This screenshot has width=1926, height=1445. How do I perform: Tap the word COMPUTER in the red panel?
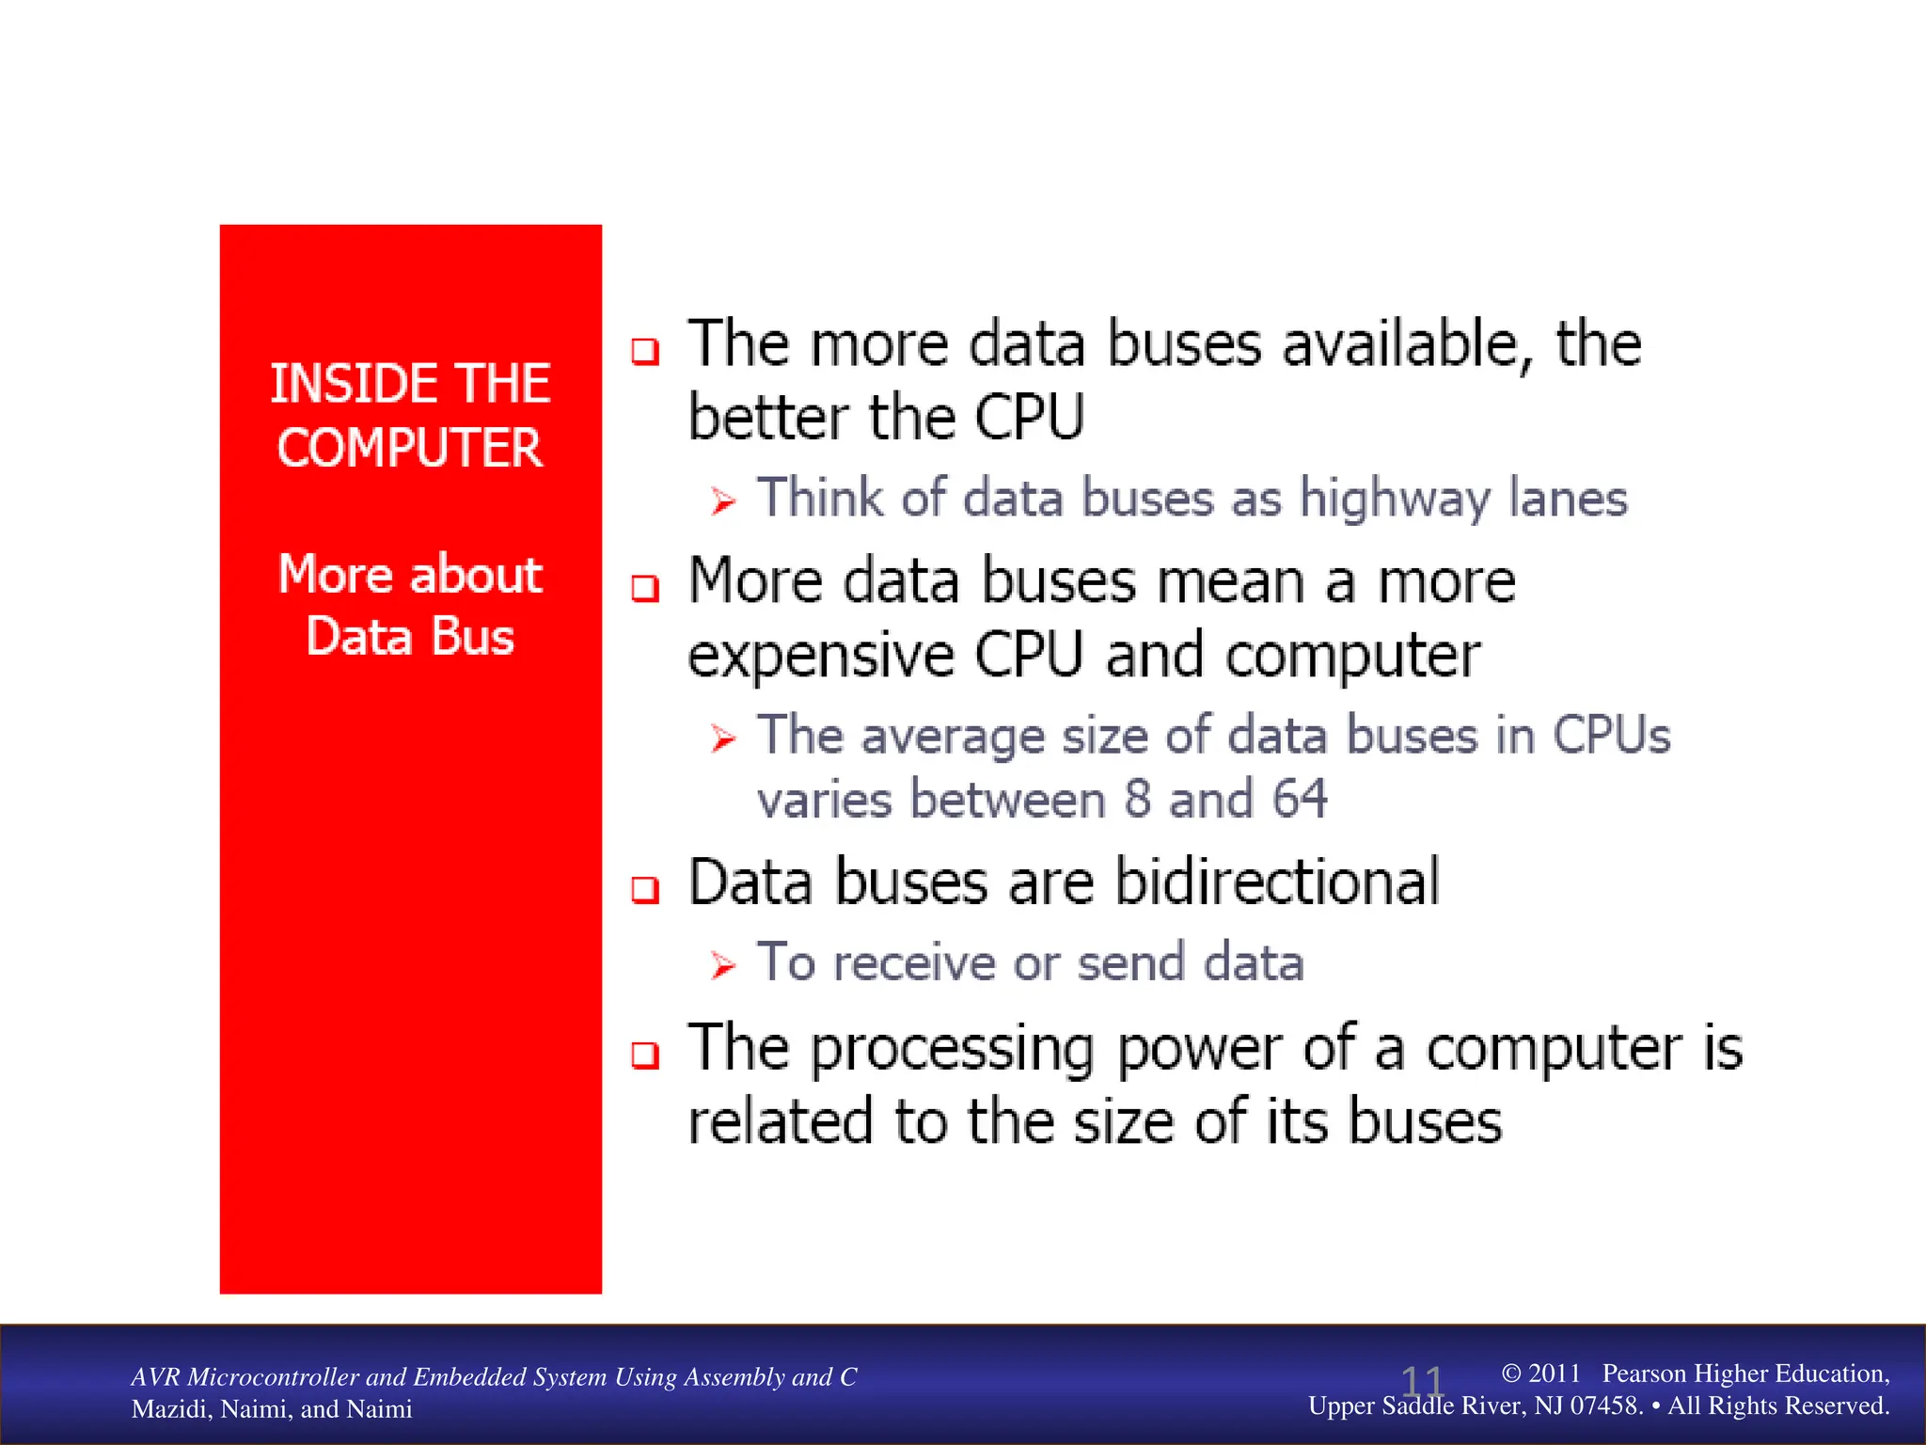[410, 448]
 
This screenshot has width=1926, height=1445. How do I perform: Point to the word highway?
[1395, 499]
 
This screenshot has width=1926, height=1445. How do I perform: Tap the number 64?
[1300, 800]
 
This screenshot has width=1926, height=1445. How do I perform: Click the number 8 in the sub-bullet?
[1138, 800]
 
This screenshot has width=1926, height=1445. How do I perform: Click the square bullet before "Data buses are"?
[645, 889]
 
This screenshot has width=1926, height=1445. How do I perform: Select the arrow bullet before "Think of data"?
[722, 501]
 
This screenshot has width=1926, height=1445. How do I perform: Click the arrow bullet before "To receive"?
[722, 965]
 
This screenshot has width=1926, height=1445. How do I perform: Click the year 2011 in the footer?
[1554, 1374]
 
